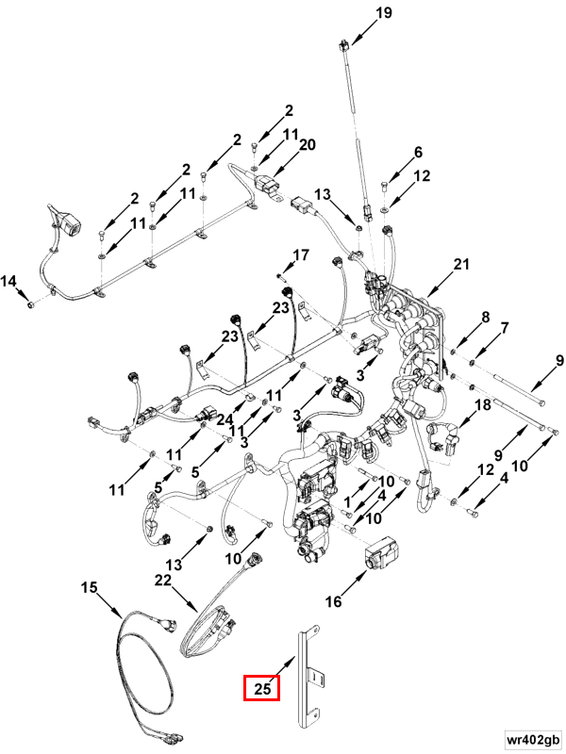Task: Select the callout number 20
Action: point(307,144)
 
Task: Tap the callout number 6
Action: point(418,153)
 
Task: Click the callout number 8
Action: point(485,319)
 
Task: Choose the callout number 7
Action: point(505,328)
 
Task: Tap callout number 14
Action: point(8,281)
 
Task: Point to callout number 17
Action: point(300,255)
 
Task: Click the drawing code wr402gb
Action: point(532,736)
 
